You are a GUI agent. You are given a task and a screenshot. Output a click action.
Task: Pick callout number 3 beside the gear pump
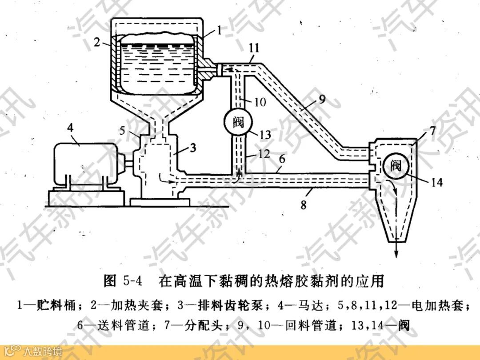(x=192, y=148)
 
